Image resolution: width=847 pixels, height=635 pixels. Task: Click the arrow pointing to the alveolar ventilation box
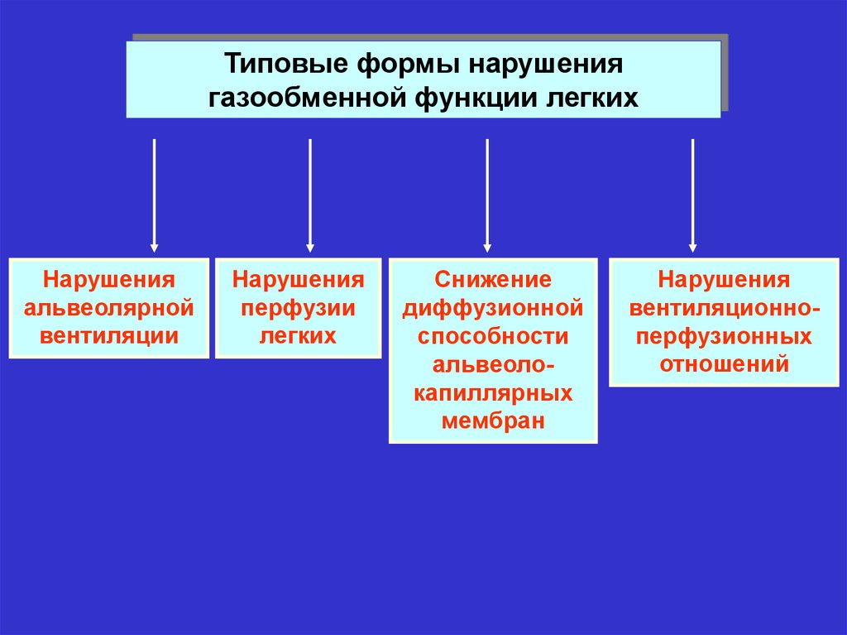tap(154, 195)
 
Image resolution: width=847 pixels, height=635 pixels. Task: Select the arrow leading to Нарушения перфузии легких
tap(310, 195)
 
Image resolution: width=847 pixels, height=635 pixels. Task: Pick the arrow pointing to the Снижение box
tap(487, 195)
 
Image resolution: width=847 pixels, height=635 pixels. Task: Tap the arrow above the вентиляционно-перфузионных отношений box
tap(693, 195)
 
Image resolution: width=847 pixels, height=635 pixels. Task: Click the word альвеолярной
tap(109, 308)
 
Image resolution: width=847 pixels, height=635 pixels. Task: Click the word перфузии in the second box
tap(298, 308)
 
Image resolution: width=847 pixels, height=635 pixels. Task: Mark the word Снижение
tap(493, 280)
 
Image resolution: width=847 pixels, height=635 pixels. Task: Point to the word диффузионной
tap(493, 308)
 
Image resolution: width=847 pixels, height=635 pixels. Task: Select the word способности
tap(493, 336)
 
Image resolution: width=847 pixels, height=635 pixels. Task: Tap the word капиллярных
tap(493, 392)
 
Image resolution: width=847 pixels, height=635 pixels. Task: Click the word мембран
tap(493, 421)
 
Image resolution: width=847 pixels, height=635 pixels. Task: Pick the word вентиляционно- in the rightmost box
tap(724, 308)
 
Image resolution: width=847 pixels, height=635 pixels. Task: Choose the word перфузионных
tap(724, 336)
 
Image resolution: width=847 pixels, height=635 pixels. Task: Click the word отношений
tap(724, 364)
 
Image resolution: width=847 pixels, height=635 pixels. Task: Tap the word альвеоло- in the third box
tap(493, 364)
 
